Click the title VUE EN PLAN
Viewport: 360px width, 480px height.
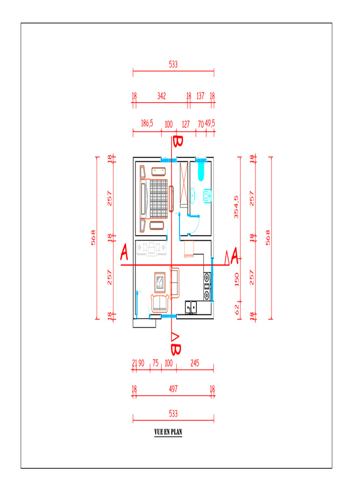(x=168, y=432)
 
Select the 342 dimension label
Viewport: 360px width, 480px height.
(x=162, y=96)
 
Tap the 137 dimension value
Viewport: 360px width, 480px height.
(x=200, y=96)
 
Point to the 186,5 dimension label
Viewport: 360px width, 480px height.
(x=147, y=123)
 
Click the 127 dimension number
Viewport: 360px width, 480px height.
(x=186, y=124)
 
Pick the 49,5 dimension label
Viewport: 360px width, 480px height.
(x=210, y=123)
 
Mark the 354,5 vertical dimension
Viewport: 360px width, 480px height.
(x=236, y=207)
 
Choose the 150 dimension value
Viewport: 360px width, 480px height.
(x=237, y=279)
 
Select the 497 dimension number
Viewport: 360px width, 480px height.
(x=173, y=389)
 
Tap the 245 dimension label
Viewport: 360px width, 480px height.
(x=195, y=363)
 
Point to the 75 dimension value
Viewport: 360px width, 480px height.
(x=156, y=363)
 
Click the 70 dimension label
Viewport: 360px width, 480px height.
(x=201, y=124)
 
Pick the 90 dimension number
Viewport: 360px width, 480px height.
(x=141, y=363)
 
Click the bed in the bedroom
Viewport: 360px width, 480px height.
(x=154, y=199)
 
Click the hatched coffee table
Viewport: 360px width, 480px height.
(x=160, y=282)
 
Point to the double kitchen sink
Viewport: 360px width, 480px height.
(x=191, y=307)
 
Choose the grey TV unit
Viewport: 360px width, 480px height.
(x=151, y=248)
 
